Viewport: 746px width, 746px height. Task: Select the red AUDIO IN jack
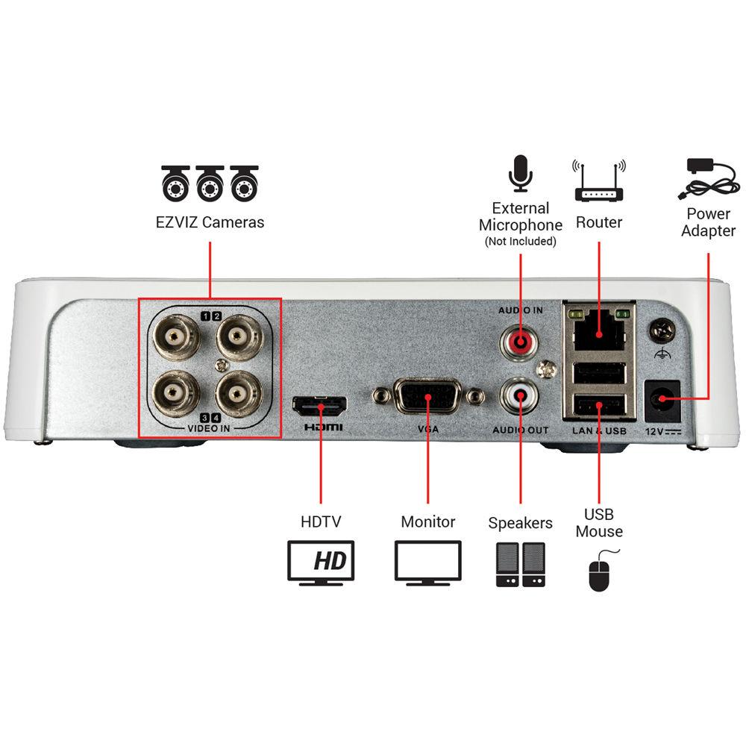coord(519,342)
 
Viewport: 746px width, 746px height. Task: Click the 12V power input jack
coord(661,400)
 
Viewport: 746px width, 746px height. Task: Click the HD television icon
coord(321,563)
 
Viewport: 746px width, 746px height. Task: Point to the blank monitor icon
coord(428,563)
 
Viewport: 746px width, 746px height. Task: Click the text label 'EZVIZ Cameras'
coord(210,222)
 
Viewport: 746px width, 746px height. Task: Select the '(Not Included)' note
coord(520,242)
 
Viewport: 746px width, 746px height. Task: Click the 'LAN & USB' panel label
coord(598,430)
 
